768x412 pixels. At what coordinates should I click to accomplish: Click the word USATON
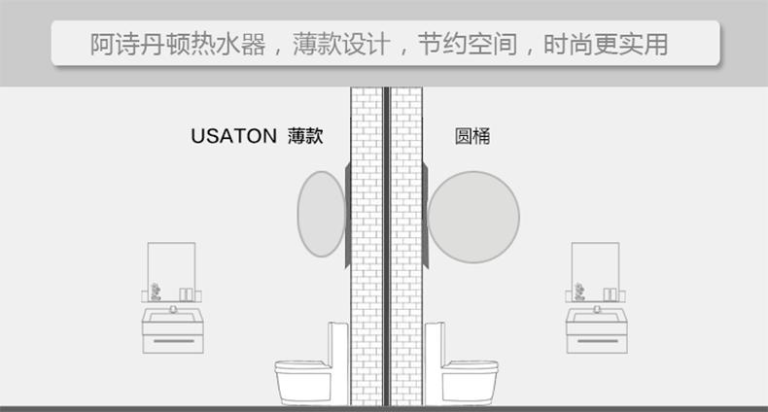(234, 136)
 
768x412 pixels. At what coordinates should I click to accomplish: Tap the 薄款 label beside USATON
(304, 136)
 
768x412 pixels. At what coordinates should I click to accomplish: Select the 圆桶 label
(472, 136)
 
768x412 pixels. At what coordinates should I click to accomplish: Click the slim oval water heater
(321, 214)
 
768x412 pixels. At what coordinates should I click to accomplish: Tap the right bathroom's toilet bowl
(471, 379)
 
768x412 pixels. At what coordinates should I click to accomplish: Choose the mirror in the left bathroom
(171, 266)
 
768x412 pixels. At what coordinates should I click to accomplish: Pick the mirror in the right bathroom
(595, 266)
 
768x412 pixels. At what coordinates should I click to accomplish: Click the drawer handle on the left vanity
(173, 343)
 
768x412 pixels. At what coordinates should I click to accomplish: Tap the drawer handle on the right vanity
(596, 343)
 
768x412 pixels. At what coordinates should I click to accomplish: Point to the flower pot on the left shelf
(155, 292)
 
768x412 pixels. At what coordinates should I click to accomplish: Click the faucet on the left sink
(173, 310)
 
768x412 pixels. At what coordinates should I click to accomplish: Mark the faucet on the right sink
(596, 310)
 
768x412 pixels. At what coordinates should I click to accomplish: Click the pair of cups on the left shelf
(186, 293)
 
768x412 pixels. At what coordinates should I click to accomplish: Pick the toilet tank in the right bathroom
(434, 345)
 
